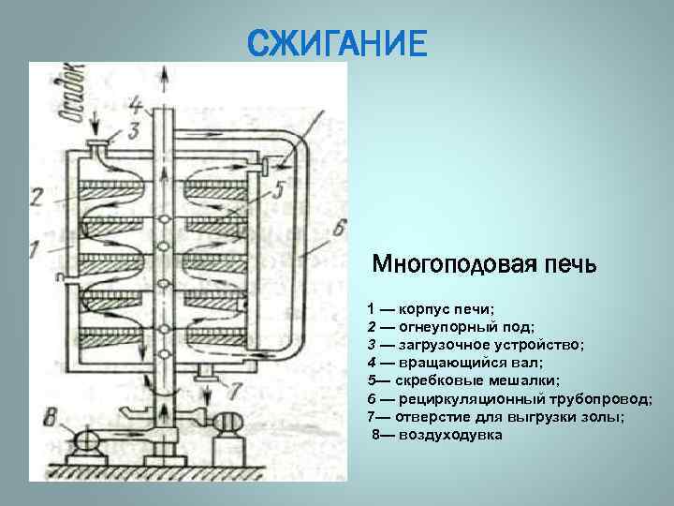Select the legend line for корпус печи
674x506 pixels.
click(x=431, y=308)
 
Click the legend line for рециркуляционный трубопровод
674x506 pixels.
click(x=509, y=399)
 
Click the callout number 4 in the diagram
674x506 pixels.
click(x=137, y=103)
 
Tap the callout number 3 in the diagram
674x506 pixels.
click(x=134, y=128)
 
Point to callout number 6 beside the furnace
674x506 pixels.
click(x=338, y=228)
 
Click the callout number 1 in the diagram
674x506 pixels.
click(x=35, y=248)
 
